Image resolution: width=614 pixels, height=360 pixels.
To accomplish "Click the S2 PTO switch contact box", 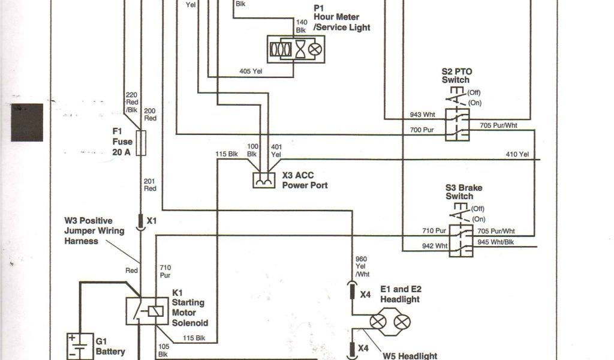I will pyautogui.click(x=458, y=124).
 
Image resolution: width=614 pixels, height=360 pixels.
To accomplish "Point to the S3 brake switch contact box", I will pyautogui.click(x=462, y=240).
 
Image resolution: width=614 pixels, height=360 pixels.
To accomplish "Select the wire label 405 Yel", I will pyautogui.click(x=251, y=71).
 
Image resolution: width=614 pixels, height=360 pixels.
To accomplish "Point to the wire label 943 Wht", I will pyautogui.click(x=423, y=115).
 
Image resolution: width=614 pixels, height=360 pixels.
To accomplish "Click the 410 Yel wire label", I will pyautogui.click(x=517, y=155).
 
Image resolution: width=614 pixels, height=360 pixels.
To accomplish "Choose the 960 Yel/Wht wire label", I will pyautogui.click(x=362, y=266).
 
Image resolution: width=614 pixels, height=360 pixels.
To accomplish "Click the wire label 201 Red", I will pyautogui.click(x=150, y=185).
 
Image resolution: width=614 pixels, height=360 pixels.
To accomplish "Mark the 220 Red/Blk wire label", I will pyautogui.click(x=132, y=101).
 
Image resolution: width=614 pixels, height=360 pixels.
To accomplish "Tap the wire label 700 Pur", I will pyautogui.click(x=423, y=130).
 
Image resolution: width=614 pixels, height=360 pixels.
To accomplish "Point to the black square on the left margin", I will pyautogui.click(x=27, y=122).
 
